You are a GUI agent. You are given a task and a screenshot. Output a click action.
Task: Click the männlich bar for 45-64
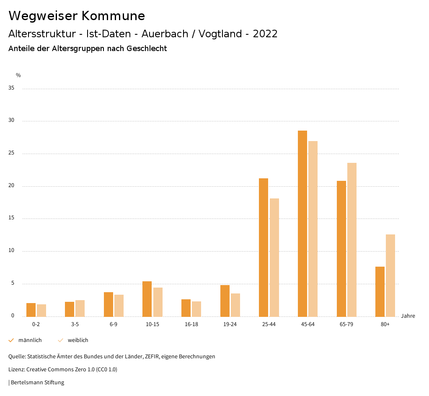coord(302,224)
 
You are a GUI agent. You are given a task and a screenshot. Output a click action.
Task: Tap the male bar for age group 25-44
coord(264,247)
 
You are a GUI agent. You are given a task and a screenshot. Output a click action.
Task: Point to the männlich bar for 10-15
coord(147,299)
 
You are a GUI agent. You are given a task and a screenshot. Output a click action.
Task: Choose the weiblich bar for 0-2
coord(41,310)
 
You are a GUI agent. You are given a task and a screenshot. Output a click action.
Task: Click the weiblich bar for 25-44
coord(274,257)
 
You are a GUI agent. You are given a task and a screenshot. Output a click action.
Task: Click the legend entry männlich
coord(30,340)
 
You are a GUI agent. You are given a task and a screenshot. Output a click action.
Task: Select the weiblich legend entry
coord(78,340)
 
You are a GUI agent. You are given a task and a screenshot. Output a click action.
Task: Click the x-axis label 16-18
coord(191,325)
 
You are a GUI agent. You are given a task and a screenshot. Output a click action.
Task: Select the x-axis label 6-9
coord(114,325)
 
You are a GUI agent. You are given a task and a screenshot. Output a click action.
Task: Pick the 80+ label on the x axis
coord(385,325)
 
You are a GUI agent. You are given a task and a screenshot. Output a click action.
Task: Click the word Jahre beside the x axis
coord(408,316)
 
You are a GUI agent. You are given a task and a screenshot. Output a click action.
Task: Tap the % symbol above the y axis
coord(18,75)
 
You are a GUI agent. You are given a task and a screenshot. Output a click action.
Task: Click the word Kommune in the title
coord(113,16)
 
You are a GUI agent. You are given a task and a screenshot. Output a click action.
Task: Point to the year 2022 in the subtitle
coord(265,34)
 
